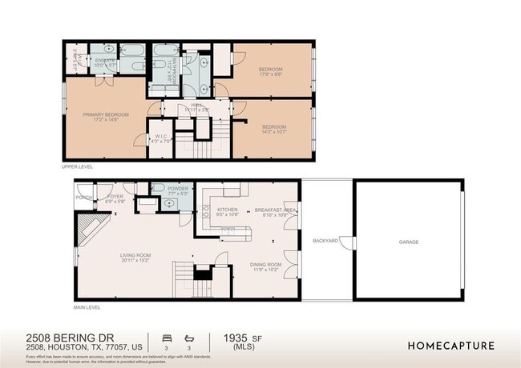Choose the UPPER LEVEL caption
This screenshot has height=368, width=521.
click(78, 167)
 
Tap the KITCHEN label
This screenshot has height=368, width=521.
click(228, 209)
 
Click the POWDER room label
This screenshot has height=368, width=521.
click(178, 188)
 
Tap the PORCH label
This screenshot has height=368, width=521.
click(83, 197)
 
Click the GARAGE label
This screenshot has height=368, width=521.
click(409, 242)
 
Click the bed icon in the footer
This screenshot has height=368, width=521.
click(166, 337)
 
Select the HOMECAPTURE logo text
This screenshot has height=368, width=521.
click(450, 346)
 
